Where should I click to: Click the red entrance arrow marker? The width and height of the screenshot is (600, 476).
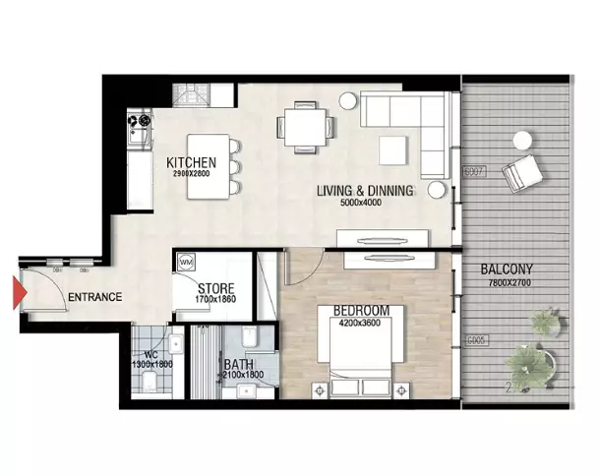click(16, 293)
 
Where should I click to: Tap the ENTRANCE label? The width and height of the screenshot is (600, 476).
click(94, 297)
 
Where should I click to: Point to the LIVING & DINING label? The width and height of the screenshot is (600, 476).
click(364, 191)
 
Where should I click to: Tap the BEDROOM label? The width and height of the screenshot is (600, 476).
click(357, 311)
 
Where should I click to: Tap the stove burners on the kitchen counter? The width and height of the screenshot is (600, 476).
click(138, 123)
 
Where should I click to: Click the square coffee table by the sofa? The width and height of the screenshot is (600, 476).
click(394, 149)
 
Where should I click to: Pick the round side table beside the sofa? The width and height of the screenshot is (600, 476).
click(349, 99)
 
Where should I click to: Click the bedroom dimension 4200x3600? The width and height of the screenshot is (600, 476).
click(357, 323)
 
